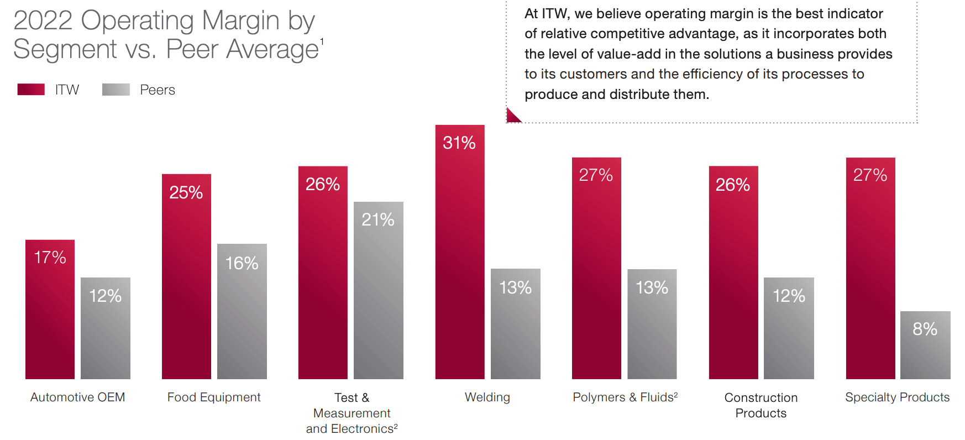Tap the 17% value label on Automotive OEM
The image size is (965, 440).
50,257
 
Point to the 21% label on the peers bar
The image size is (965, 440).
378,219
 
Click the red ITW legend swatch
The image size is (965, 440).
31,90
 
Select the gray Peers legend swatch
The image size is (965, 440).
116,90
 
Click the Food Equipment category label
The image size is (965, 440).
214,397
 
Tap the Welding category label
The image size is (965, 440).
487,397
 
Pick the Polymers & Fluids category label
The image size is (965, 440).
625,397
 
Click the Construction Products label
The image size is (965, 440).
761,405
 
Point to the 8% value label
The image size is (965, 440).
925,329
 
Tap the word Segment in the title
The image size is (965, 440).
65,49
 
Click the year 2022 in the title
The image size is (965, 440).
43,20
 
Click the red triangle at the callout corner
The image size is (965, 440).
512,117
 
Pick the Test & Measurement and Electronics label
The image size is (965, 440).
352,413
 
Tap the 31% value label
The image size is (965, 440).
459,143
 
